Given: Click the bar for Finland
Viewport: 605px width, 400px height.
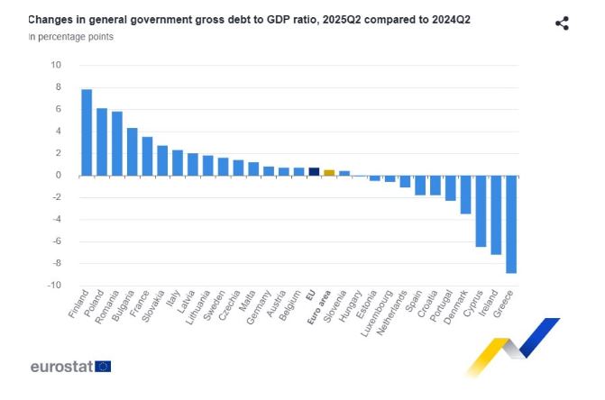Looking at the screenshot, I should point(87,132).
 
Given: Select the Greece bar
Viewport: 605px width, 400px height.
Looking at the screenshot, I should point(510,224).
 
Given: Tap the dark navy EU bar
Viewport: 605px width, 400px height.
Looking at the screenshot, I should point(314,171).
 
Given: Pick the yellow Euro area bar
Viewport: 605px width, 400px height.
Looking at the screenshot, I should point(329,172).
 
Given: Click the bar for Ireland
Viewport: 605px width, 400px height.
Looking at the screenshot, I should point(495,215).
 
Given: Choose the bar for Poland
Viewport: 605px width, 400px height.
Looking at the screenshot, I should point(102,141).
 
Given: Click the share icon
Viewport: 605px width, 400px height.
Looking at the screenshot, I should point(562,23).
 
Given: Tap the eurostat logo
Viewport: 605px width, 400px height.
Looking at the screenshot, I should point(70,367).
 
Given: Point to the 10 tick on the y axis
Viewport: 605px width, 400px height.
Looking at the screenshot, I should point(56,65).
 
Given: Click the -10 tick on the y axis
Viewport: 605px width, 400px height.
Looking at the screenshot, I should point(54,286).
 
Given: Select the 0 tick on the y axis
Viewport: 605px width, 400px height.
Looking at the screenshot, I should point(58,175).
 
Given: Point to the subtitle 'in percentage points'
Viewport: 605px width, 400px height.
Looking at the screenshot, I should point(71,37).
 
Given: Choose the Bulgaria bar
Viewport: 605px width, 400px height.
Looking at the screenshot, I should point(132,151).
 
